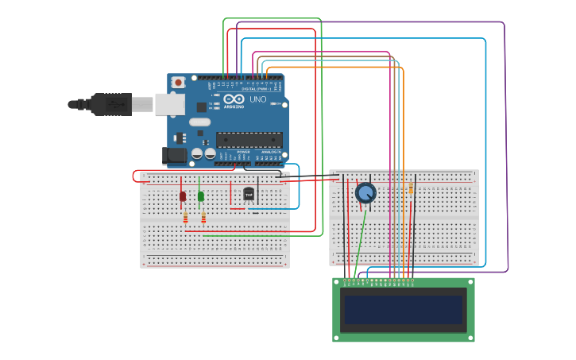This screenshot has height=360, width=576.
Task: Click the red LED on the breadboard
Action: click(183, 195)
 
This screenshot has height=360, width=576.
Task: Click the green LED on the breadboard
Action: click(201, 195)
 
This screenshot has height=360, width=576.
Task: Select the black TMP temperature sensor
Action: click(249, 194)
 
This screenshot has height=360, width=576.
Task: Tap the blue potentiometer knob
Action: click(365, 192)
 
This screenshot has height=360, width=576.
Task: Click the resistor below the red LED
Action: click(185, 218)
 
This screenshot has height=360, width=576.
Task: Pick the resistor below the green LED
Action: click(203, 218)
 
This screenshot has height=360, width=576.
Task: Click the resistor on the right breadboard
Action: click(410, 189)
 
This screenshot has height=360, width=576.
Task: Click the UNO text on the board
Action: click(258, 100)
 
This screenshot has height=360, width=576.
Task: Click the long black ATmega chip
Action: click(249, 140)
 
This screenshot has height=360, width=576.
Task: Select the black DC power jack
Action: click(175, 156)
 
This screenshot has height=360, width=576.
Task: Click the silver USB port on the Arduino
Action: click(169, 104)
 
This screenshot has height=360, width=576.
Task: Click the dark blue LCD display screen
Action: click(403, 310)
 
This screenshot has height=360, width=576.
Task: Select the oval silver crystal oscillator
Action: click(199, 122)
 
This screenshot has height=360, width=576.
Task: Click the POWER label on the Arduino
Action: click(243, 152)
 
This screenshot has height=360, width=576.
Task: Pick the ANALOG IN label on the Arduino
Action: click(270, 152)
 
